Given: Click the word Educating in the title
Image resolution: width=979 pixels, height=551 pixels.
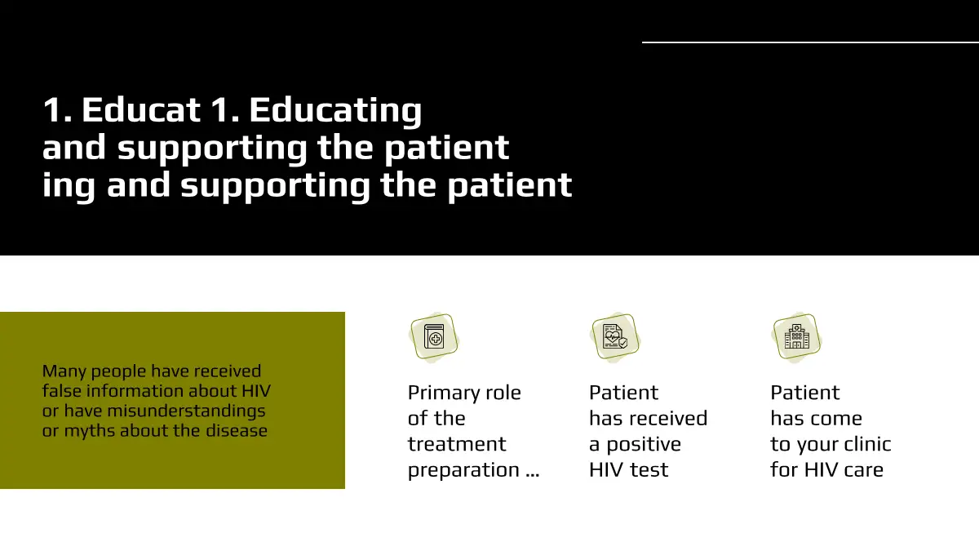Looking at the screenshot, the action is click(335, 111).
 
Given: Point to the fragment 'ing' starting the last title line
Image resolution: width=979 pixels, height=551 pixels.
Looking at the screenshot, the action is click(69, 186).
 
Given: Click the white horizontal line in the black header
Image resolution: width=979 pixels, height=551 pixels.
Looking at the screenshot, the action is click(810, 42).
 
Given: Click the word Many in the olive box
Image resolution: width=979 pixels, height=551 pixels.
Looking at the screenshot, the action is click(64, 371).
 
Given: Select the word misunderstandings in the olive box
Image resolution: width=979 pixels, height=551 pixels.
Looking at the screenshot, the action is click(186, 411).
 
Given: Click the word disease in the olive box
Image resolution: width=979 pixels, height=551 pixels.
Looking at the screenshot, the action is click(237, 431).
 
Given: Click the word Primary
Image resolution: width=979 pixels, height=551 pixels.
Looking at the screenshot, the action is click(445, 393).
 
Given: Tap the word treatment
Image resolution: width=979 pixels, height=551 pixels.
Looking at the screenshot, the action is click(457, 444).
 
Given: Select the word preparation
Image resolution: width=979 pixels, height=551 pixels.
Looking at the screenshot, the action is click(463, 471).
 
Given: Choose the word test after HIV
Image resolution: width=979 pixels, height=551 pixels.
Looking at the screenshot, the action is click(649, 470).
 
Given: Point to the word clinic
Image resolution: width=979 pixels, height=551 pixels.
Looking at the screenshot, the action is click(867, 444).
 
